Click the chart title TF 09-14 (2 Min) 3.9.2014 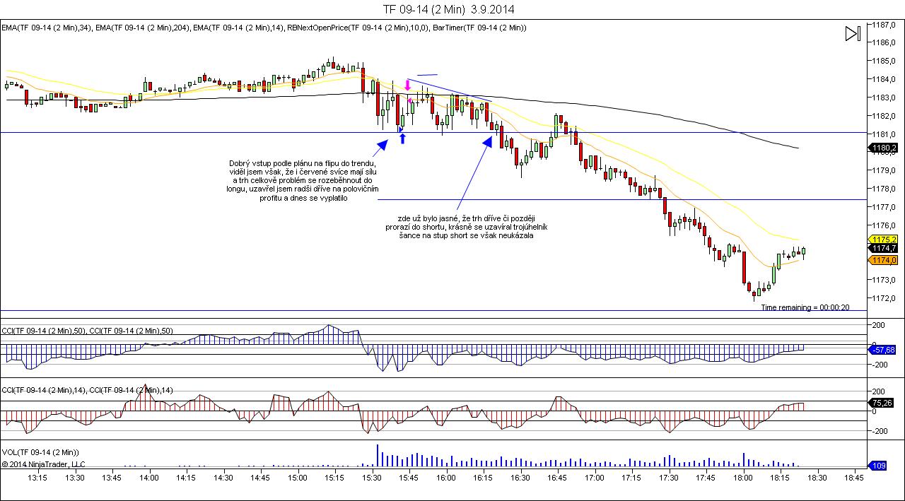(448, 9)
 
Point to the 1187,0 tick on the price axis (884, 24)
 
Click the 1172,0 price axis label (884, 298)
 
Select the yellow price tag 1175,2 (884, 240)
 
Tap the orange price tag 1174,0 (884, 260)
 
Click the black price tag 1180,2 (884, 148)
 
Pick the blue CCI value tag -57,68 (883, 350)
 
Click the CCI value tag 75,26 (884, 403)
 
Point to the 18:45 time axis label (854, 478)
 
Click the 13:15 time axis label (37, 478)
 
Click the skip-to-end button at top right (853, 33)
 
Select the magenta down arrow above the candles (407, 85)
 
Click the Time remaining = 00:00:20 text (805, 307)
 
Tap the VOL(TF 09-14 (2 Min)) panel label (40, 452)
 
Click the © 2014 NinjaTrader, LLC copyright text (43, 464)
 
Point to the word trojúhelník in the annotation (525, 227)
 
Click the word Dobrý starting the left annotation (241, 163)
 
